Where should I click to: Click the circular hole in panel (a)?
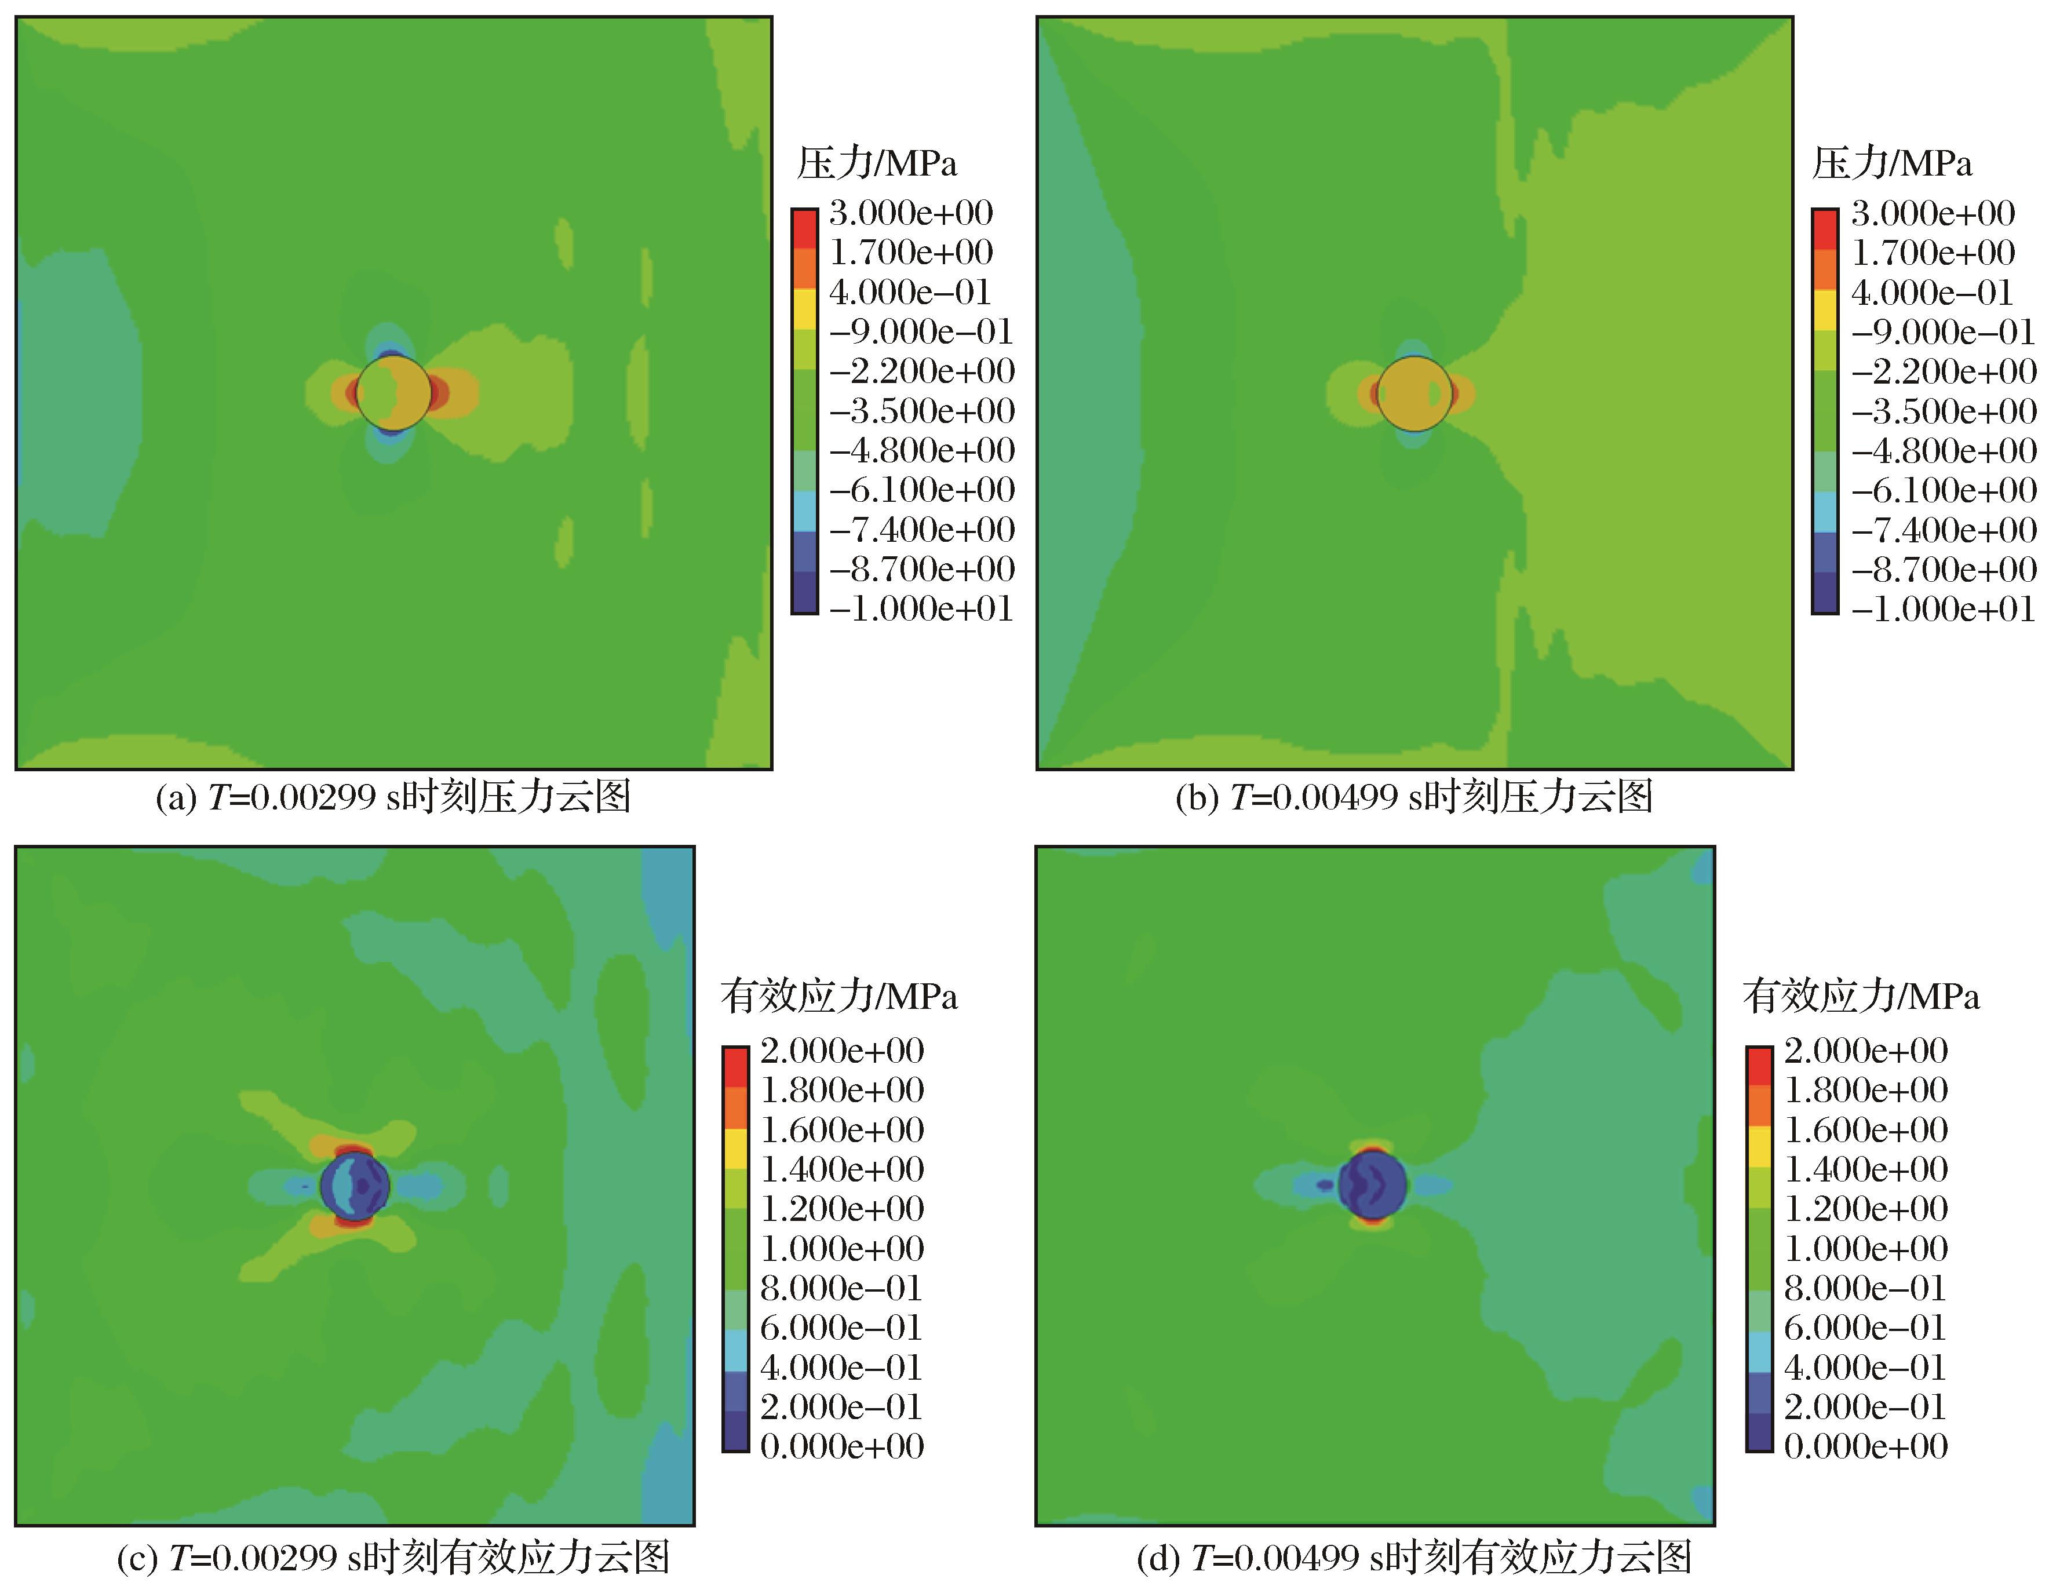[394, 393]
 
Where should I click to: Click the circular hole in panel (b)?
[1415, 393]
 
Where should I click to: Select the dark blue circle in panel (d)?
[1372, 1184]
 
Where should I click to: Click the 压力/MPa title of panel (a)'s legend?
[877, 164]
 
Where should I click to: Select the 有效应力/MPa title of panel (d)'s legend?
[1861, 996]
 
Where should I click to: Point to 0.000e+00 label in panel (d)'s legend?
[1866, 1446]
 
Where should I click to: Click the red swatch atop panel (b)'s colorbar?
[1825, 229]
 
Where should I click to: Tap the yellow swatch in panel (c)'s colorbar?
[735, 1148]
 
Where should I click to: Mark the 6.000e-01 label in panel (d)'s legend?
[1865, 1327]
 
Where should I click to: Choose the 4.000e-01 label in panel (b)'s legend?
[1933, 293]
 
